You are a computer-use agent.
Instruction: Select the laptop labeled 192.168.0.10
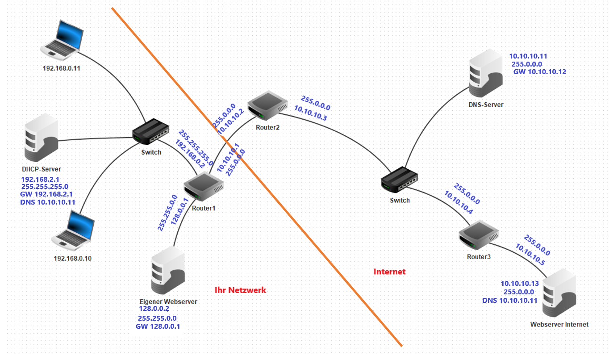73,229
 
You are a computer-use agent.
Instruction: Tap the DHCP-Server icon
41,138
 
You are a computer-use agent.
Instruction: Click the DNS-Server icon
486,74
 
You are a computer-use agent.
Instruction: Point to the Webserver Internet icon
559,293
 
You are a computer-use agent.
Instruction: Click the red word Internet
389,272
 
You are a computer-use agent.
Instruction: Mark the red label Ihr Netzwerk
240,290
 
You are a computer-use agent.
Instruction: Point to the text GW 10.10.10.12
539,72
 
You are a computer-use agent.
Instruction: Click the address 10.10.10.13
520,284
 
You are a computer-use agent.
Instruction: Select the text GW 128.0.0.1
158,327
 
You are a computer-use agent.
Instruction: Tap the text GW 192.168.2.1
46,195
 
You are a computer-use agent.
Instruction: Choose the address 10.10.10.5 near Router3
530,255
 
